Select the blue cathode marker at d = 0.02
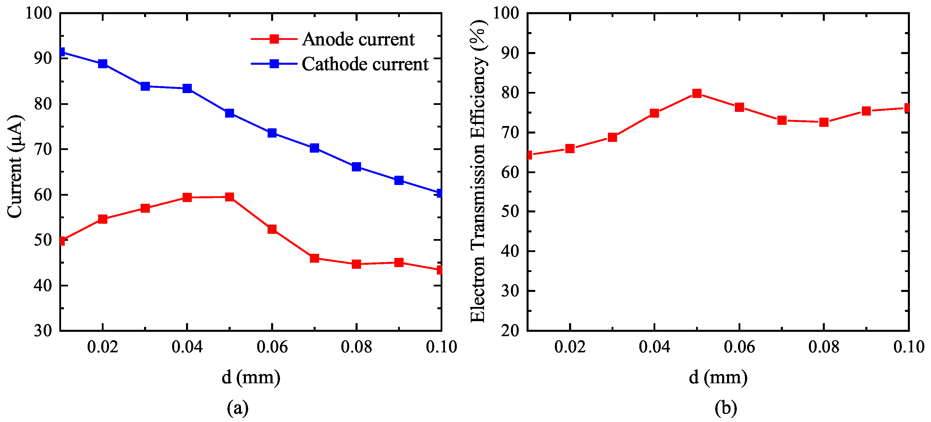click(x=103, y=64)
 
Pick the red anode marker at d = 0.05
click(x=229, y=197)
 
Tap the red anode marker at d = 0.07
click(x=314, y=258)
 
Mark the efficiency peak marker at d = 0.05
click(x=697, y=93)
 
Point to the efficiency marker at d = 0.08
click(x=824, y=122)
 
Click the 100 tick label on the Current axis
click(x=39, y=13)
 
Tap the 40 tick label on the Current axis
click(x=43, y=286)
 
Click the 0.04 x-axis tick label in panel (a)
click(x=187, y=347)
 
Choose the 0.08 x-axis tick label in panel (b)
click(x=824, y=347)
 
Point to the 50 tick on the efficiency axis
click(x=510, y=212)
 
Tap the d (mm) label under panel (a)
click(x=251, y=377)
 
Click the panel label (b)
click(x=725, y=408)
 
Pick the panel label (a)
click(x=238, y=408)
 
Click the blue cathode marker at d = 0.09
click(x=399, y=180)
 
